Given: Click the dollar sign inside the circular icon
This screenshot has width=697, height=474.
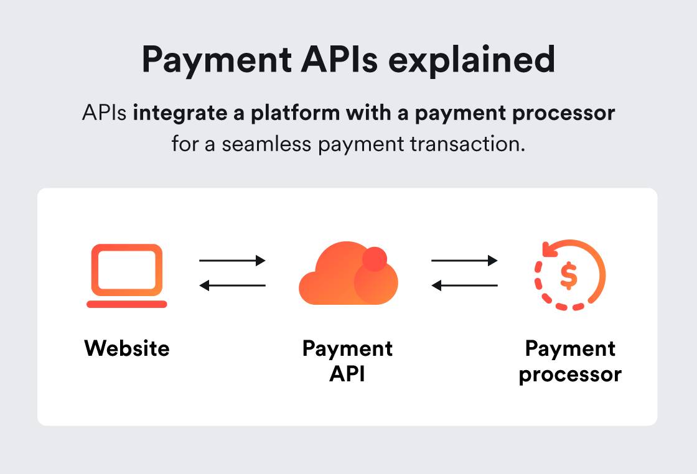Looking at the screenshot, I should pos(568,276).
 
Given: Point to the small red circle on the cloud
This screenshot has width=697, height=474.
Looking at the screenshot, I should pos(375,258).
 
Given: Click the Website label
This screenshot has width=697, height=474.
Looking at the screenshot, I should pos(126,348).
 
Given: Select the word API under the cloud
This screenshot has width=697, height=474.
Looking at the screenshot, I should pos(347,374).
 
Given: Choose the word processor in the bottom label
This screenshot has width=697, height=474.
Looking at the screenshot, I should pos(570,374).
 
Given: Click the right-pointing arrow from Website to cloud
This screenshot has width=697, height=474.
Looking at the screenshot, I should pos(232,261).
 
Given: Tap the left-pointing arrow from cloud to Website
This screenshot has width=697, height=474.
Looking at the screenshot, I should pos(232,286).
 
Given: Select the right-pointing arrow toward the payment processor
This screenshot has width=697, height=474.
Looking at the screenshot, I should pos(464,261).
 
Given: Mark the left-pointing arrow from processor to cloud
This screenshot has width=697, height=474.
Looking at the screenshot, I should pos(464,286).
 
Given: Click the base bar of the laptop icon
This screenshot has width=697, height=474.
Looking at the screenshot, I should pos(126,304).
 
